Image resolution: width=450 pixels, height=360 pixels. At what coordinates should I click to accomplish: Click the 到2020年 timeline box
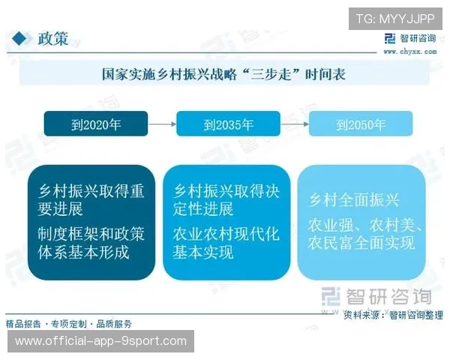point(96,124)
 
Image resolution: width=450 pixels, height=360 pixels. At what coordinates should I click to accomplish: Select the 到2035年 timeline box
point(228,124)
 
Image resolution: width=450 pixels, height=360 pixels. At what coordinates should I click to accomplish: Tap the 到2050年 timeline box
point(361,124)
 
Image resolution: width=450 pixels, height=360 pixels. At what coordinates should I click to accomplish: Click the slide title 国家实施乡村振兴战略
point(223,74)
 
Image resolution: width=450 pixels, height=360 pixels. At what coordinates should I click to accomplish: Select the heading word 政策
point(53,39)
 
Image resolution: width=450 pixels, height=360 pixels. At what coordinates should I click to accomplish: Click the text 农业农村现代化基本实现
point(226,242)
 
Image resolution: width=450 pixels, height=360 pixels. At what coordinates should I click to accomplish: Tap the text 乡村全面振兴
point(355,200)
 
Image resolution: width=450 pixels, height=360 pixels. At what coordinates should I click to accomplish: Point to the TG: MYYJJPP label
point(395,18)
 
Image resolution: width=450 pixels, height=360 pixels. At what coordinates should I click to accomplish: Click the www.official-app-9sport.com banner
point(101,341)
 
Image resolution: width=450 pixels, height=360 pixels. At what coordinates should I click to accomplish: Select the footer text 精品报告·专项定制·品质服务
point(69,324)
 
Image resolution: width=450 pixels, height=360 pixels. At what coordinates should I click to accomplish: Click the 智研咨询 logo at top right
point(411,40)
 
